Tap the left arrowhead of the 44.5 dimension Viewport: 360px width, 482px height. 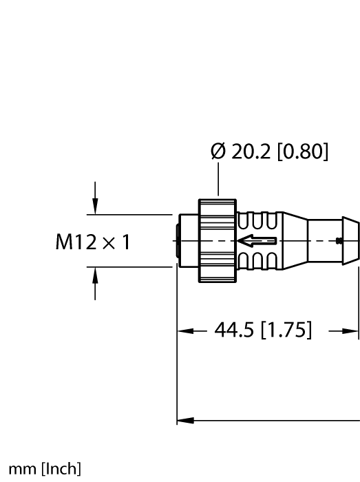point(184,331)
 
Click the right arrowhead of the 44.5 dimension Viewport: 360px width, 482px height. point(352,331)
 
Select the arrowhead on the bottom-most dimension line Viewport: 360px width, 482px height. point(184,419)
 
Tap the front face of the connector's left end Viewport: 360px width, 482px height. point(181,241)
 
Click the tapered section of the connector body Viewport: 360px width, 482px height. point(293,241)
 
